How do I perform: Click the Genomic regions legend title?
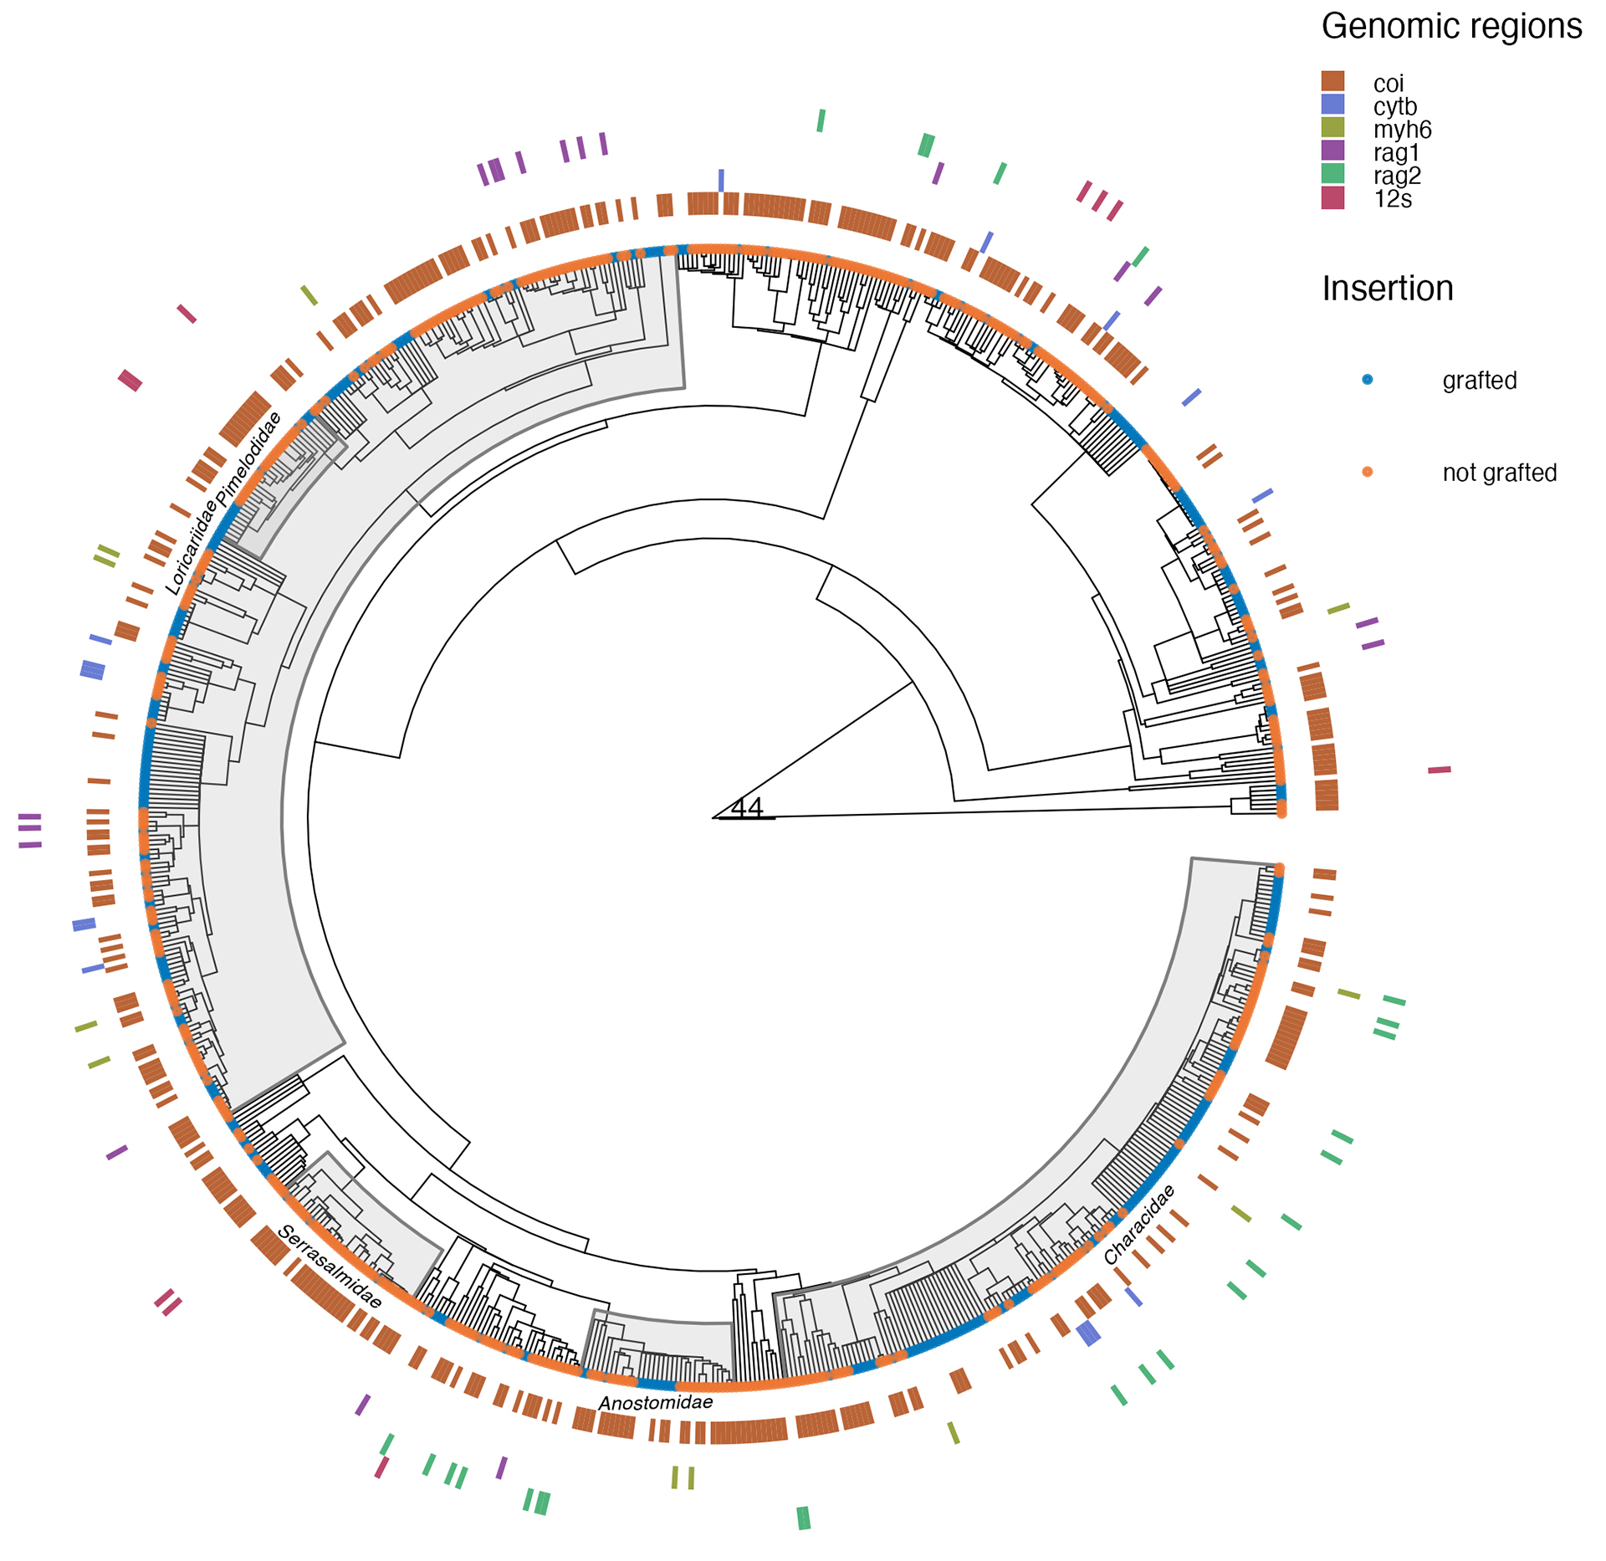(x=1451, y=27)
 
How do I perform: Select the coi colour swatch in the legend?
(x=1332, y=81)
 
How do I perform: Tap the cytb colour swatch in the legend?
(x=1332, y=105)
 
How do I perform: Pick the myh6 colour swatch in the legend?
(x=1332, y=127)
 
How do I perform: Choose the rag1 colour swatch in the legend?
(x=1332, y=151)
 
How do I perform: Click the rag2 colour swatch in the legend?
(x=1332, y=173)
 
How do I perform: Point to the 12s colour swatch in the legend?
(x=1332, y=197)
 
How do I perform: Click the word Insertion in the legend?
(x=1388, y=289)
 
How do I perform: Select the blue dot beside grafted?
(x=1368, y=380)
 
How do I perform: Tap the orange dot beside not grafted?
(x=1368, y=472)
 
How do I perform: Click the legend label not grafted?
(x=1499, y=473)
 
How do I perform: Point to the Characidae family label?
(x=1139, y=1225)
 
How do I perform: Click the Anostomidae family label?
(x=656, y=1403)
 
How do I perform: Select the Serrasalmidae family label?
(x=330, y=1267)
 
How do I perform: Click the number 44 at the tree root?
(x=746, y=808)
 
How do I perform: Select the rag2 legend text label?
(x=1397, y=176)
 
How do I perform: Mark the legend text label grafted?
(x=1479, y=381)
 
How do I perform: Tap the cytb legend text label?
(x=1395, y=106)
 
